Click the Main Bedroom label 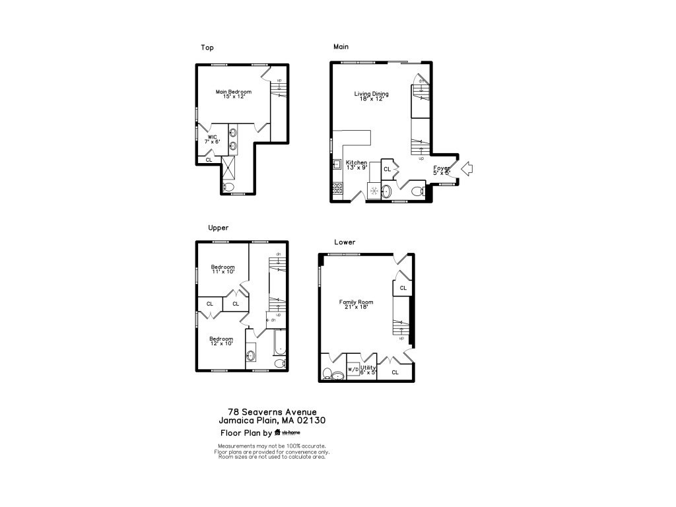234,94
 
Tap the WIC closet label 213,140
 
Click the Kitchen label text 356,165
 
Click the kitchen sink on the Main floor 337,164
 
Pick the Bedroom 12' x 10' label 221,341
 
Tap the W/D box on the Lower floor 353,369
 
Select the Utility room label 368,370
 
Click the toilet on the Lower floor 327,374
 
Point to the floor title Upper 218,228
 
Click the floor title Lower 345,242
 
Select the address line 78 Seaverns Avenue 271,411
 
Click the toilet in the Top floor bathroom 228,187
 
